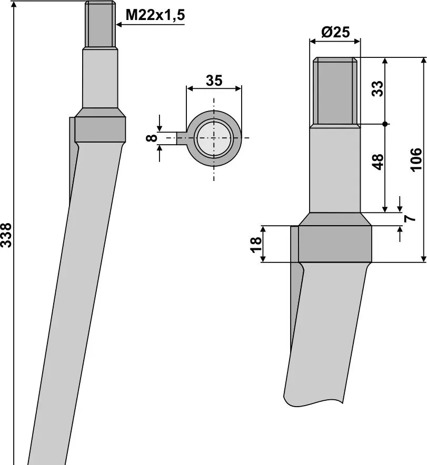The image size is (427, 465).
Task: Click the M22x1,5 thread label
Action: (x=155, y=15)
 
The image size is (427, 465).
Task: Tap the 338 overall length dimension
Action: (x=6, y=235)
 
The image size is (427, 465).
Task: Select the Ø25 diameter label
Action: (x=335, y=32)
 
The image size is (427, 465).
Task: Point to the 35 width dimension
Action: (x=214, y=80)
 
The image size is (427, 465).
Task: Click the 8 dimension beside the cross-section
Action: (x=152, y=138)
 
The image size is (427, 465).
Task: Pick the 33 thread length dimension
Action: (x=378, y=88)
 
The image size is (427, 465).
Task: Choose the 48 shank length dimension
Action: (x=378, y=162)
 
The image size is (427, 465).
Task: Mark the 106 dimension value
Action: (x=416, y=159)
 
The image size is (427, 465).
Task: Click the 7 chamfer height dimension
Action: (x=410, y=219)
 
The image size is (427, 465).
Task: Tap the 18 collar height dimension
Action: (x=256, y=245)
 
